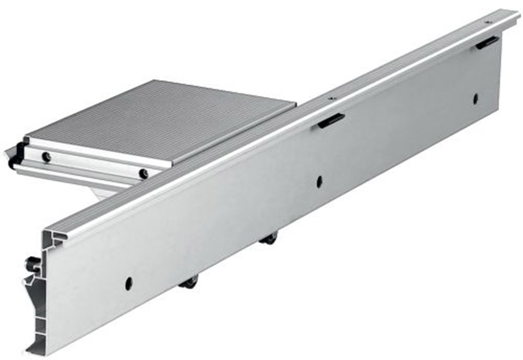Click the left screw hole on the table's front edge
tap(47, 156)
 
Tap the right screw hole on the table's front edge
tap(143, 173)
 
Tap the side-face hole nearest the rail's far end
tap(475, 98)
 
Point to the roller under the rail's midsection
tap(269, 239)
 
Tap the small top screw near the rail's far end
tap(487, 22)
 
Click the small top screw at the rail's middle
tap(331, 97)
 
